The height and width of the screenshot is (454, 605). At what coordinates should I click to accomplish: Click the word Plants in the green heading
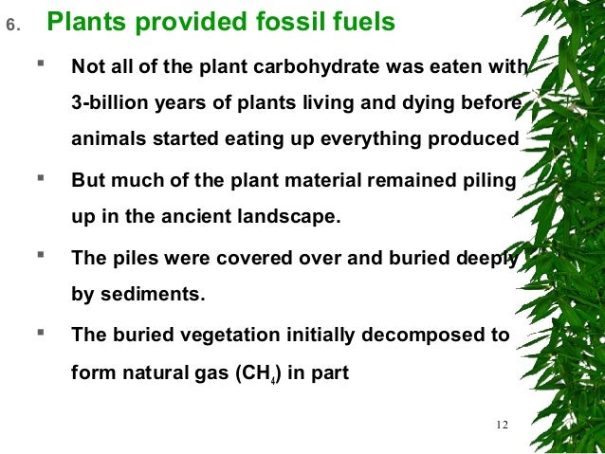tap(83, 23)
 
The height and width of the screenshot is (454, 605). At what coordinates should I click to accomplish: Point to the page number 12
tap(503, 425)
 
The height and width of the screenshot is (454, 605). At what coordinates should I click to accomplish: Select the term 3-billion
tap(111, 103)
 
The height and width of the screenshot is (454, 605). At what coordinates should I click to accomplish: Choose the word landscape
tap(292, 215)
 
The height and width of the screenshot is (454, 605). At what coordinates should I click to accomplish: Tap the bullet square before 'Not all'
tap(41, 65)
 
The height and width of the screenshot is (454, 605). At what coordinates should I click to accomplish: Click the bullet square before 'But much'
tap(41, 177)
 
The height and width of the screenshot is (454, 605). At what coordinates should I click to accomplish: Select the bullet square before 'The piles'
tap(41, 255)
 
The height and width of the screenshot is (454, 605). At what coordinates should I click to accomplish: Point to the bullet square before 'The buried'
tap(41, 333)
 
